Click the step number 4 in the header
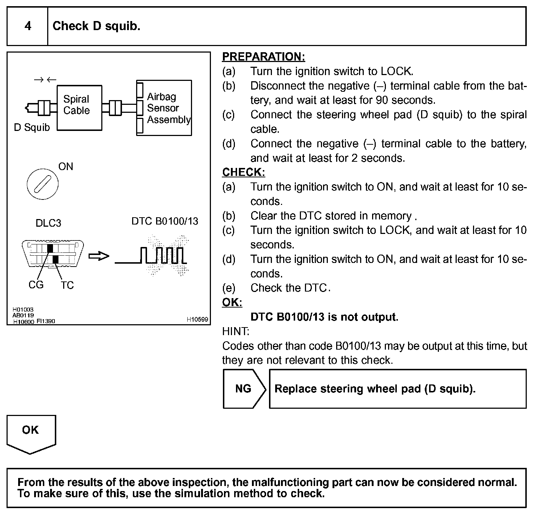[x=28, y=26]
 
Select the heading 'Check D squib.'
[x=96, y=26]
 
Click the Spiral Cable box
[x=80, y=108]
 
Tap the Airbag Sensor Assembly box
[x=164, y=108]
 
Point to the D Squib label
[x=32, y=128]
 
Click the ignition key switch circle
[x=42, y=184]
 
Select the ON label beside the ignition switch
[x=66, y=166]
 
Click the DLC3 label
[x=48, y=223]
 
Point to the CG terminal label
[x=36, y=285]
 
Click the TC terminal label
[x=67, y=285]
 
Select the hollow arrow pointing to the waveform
[x=99, y=256]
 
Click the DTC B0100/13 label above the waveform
[x=165, y=221]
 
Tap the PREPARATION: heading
[x=264, y=57]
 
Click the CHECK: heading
[x=244, y=172]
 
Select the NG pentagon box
[x=243, y=389]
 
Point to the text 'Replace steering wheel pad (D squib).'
[x=375, y=389]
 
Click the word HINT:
[x=236, y=331]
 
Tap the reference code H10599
[x=197, y=320]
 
